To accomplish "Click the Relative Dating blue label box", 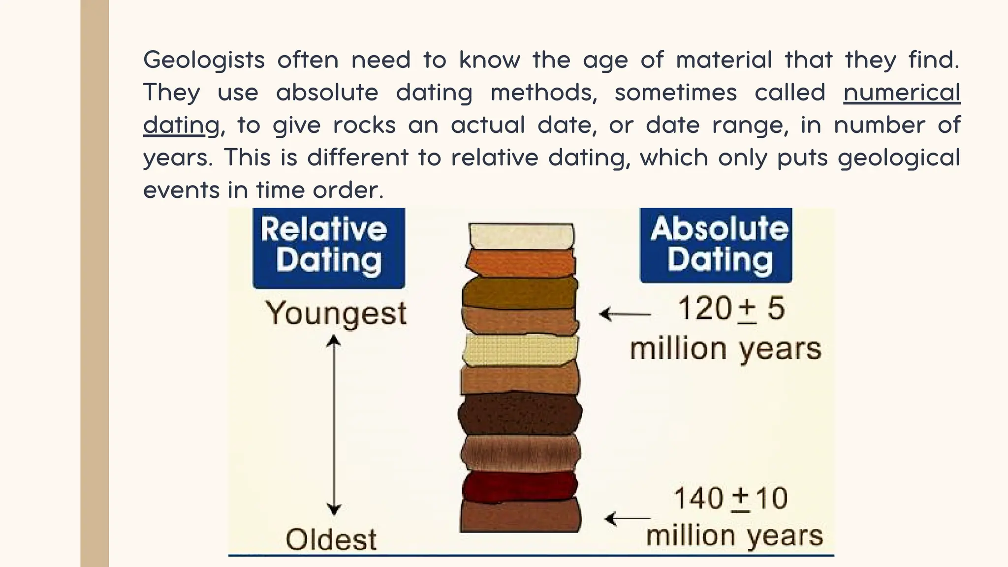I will pyautogui.click(x=328, y=248).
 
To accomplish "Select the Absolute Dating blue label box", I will pyautogui.click(x=716, y=245).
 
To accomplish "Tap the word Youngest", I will pyautogui.click(x=336, y=313).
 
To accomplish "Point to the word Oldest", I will pyautogui.click(x=331, y=539).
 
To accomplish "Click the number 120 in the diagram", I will pyautogui.click(x=704, y=309).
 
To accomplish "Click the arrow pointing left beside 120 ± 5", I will pyautogui.click(x=624, y=314).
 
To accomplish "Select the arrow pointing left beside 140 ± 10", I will pyautogui.click(x=627, y=518).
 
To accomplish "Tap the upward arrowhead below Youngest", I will pyautogui.click(x=334, y=341).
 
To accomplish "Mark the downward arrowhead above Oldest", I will pyautogui.click(x=334, y=509).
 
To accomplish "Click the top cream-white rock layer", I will pyautogui.click(x=521, y=236).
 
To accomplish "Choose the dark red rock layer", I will pyautogui.click(x=519, y=485).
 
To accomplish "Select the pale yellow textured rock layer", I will pyautogui.click(x=520, y=350).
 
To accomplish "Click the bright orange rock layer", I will pyautogui.click(x=521, y=262).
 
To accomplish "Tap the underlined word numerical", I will pyautogui.click(x=902, y=93).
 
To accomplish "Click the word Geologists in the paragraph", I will pyautogui.click(x=204, y=60).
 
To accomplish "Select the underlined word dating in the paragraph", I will pyautogui.click(x=181, y=125).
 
